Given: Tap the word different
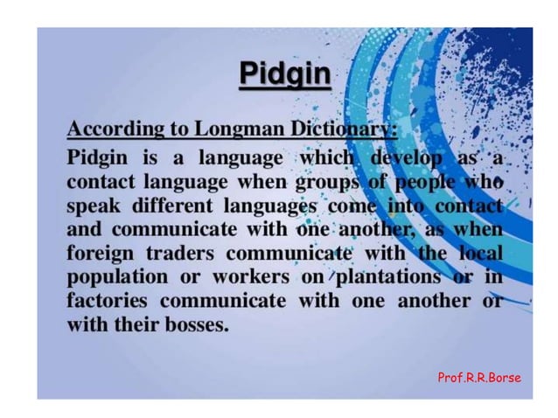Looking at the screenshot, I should coord(178,207).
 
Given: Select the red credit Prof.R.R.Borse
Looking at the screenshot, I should coord(478,378).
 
